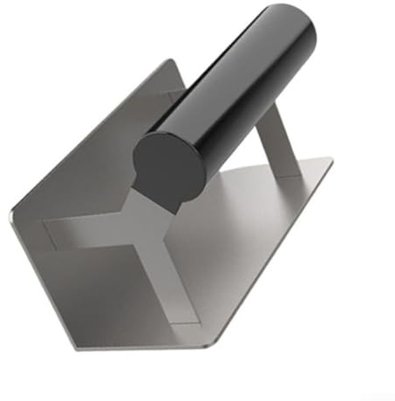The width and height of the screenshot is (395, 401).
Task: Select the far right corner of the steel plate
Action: click(x=331, y=160)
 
